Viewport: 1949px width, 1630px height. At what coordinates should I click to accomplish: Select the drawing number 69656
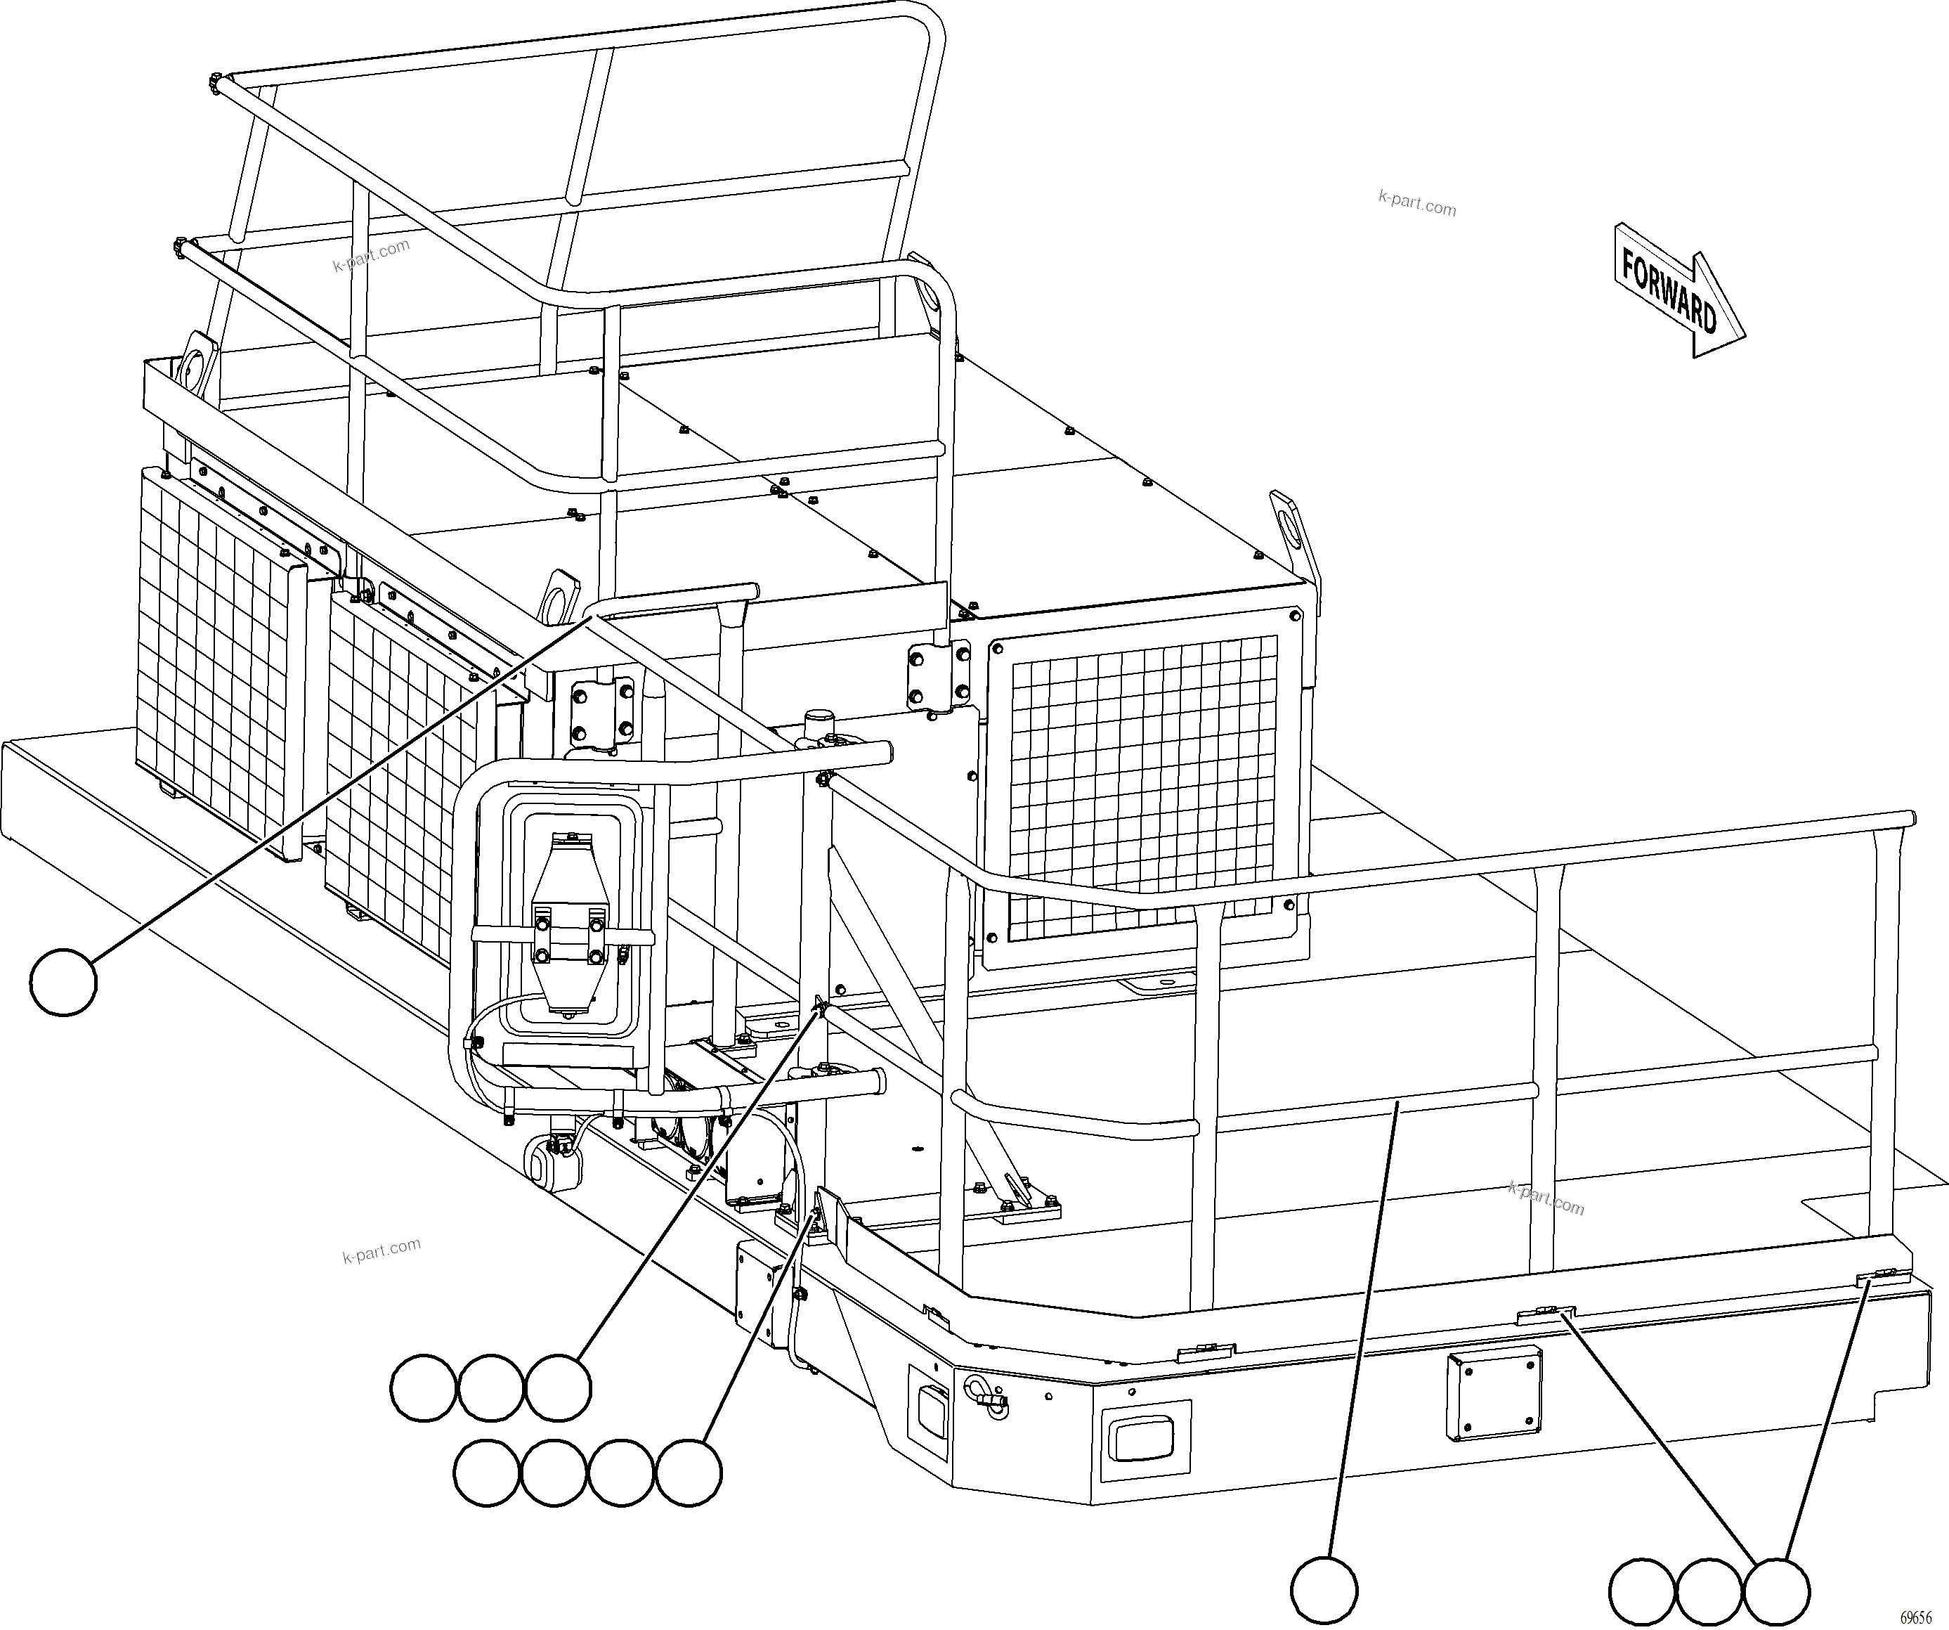1915,1616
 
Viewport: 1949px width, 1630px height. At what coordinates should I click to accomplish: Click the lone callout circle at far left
63,981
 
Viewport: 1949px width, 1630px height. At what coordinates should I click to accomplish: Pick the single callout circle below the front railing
1324,1590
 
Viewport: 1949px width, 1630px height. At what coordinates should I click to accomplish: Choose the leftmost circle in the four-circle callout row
486,1472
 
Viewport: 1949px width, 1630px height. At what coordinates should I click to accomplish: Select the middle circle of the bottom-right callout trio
1709,1591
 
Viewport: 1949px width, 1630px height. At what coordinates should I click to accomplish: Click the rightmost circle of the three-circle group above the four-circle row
558,1388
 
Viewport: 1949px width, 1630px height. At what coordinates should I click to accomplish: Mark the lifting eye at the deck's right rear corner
1293,529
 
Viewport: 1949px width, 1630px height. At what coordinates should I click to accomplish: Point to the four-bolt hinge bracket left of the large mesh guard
939,675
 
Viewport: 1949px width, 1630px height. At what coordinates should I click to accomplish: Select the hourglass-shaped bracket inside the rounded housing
569,924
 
